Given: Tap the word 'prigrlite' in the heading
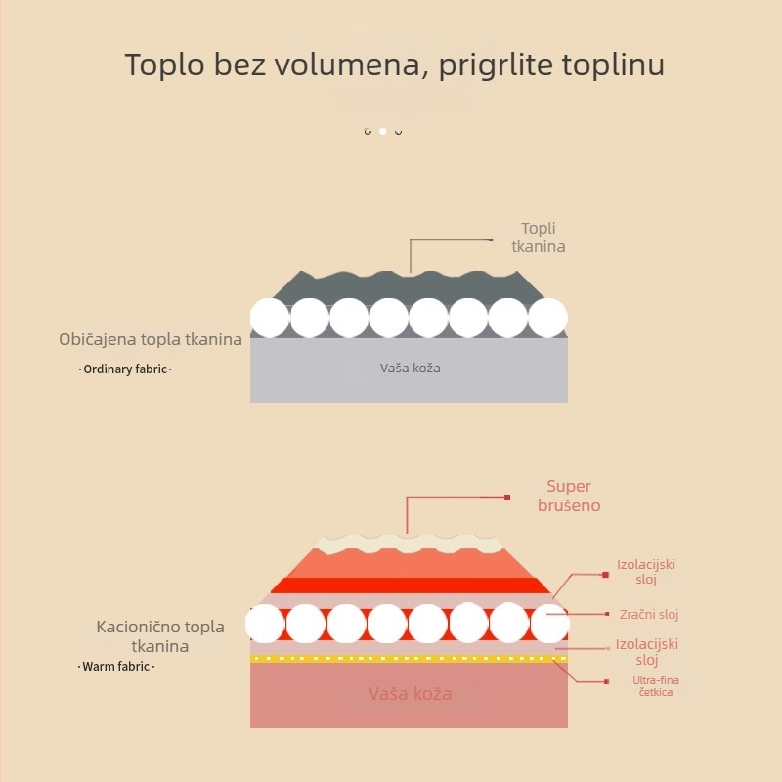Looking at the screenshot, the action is (x=496, y=65).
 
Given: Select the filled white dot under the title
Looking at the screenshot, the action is (x=382, y=131).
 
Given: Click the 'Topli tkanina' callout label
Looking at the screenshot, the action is (x=539, y=238).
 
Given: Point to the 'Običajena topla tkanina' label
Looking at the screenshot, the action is (x=151, y=339).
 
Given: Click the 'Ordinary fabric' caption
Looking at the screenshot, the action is (x=125, y=369).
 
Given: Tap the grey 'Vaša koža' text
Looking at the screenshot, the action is (x=410, y=369).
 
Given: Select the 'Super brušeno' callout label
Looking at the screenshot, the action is (x=569, y=496).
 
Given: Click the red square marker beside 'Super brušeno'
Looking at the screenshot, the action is (x=507, y=498).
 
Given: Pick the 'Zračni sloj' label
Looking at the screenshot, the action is (x=649, y=615).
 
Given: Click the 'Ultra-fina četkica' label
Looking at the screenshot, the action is (x=656, y=686).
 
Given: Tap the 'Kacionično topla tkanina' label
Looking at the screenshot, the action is (x=160, y=636).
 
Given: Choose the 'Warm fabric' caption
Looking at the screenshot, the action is (x=115, y=667).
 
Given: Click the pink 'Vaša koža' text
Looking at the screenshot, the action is (x=410, y=694).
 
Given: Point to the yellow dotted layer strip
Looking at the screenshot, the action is (x=409, y=659).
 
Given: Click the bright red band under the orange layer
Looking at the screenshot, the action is (x=410, y=586).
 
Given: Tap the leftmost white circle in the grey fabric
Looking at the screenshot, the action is (x=270, y=318).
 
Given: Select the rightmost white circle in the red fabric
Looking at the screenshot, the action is (x=549, y=623).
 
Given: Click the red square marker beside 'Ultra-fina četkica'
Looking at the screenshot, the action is (x=606, y=681).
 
